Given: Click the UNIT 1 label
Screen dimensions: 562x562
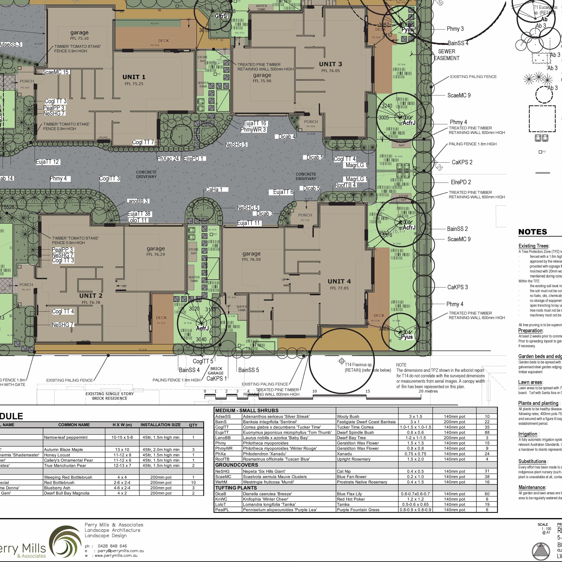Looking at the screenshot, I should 134,77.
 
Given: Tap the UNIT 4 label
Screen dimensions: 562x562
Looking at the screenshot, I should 339,281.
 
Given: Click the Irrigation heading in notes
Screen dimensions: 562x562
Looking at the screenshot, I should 528,434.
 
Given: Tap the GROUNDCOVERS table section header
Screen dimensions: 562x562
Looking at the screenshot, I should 237,465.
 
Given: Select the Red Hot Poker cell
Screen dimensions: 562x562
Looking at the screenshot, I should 351,499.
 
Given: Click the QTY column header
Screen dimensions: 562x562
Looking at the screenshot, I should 193,425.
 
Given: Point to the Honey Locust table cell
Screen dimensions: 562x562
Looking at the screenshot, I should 57,455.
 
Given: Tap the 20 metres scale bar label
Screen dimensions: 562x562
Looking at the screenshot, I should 428,391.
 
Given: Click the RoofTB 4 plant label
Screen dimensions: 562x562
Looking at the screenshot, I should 345,185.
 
